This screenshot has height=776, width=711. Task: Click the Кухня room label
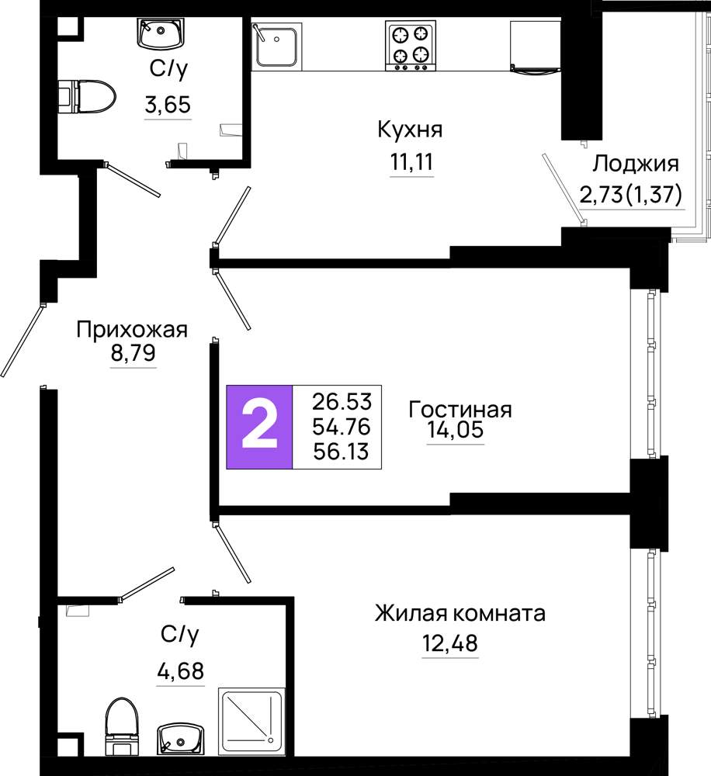(410, 130)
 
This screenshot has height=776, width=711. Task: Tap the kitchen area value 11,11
(412, 162)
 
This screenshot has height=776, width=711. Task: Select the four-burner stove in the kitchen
(411, 46)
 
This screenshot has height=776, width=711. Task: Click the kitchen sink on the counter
(277, 44)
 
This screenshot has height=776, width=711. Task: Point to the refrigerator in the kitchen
(536, 47)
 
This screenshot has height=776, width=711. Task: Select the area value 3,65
(168, 105)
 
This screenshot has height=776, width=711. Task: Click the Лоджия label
(636, 163)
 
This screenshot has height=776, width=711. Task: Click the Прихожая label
(132, 330)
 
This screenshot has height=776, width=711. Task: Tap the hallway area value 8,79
(134, 353)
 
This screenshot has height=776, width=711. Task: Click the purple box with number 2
(259, 427)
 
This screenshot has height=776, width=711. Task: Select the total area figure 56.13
(342, 452)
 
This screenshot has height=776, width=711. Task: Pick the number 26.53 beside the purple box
(342, 401)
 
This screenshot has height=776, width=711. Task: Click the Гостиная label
(460, 410)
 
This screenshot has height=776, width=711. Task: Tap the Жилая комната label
(460, 614)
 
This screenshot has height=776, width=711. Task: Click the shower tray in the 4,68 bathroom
(251, 722)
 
